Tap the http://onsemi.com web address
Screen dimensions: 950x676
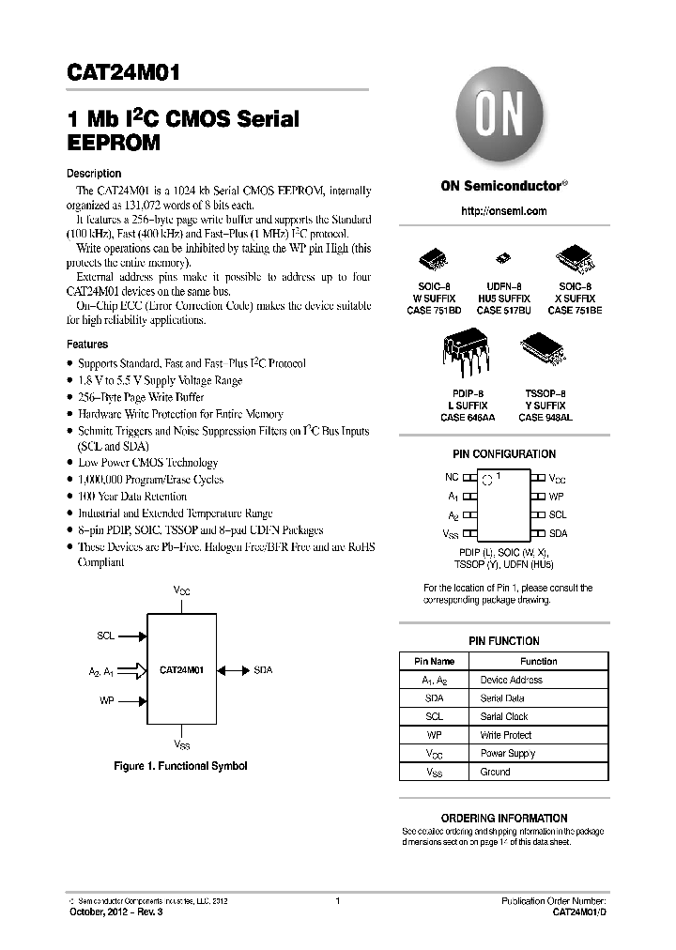point(504,211)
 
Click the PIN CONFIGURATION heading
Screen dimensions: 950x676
point(504,454)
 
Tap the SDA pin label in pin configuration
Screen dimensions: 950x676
point(558,533)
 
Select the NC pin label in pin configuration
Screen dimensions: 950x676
point(452,478)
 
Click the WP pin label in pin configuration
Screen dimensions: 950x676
point(557,496)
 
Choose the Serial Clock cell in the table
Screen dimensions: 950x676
point(504,716)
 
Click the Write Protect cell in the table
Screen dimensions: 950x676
point(505,735)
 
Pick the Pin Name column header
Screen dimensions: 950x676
point(434,661)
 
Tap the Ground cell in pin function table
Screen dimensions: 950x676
point(495,772)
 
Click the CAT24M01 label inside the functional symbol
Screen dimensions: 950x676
point(182,670)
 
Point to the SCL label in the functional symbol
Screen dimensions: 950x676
point(105,636)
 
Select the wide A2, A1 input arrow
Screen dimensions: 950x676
point(134,670)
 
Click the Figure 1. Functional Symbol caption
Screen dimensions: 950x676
point(180,766)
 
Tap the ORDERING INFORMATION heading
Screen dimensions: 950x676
point(504,818)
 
